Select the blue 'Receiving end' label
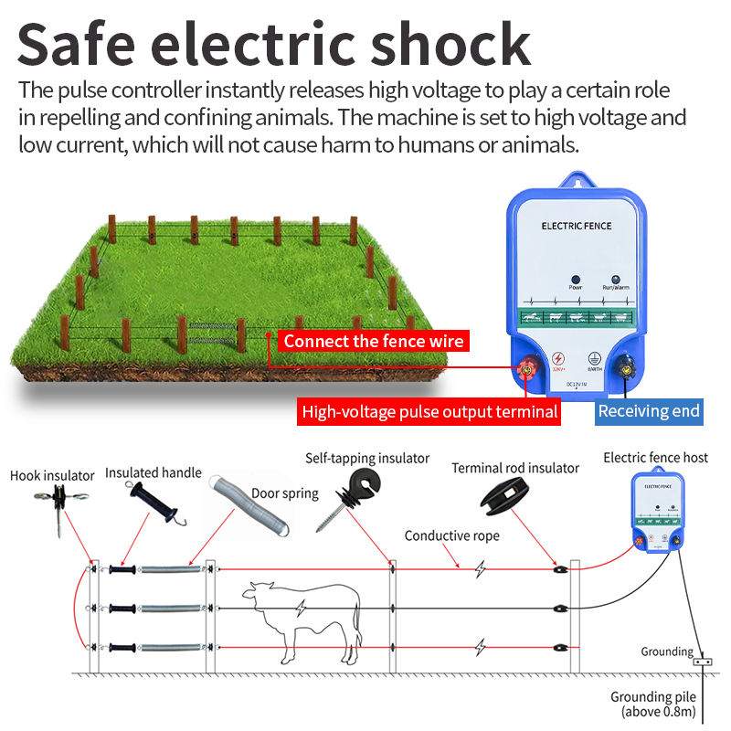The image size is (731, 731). click(649, 411)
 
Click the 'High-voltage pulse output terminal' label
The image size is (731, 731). click(429, 412)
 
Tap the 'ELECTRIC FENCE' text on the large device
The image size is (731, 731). click(576, 226)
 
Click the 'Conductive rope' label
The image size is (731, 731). click(451, 535)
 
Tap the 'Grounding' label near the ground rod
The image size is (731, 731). click(666, 652)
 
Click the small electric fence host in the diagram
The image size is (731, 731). click(655, 506)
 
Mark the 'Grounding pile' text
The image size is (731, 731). click(654, 697)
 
